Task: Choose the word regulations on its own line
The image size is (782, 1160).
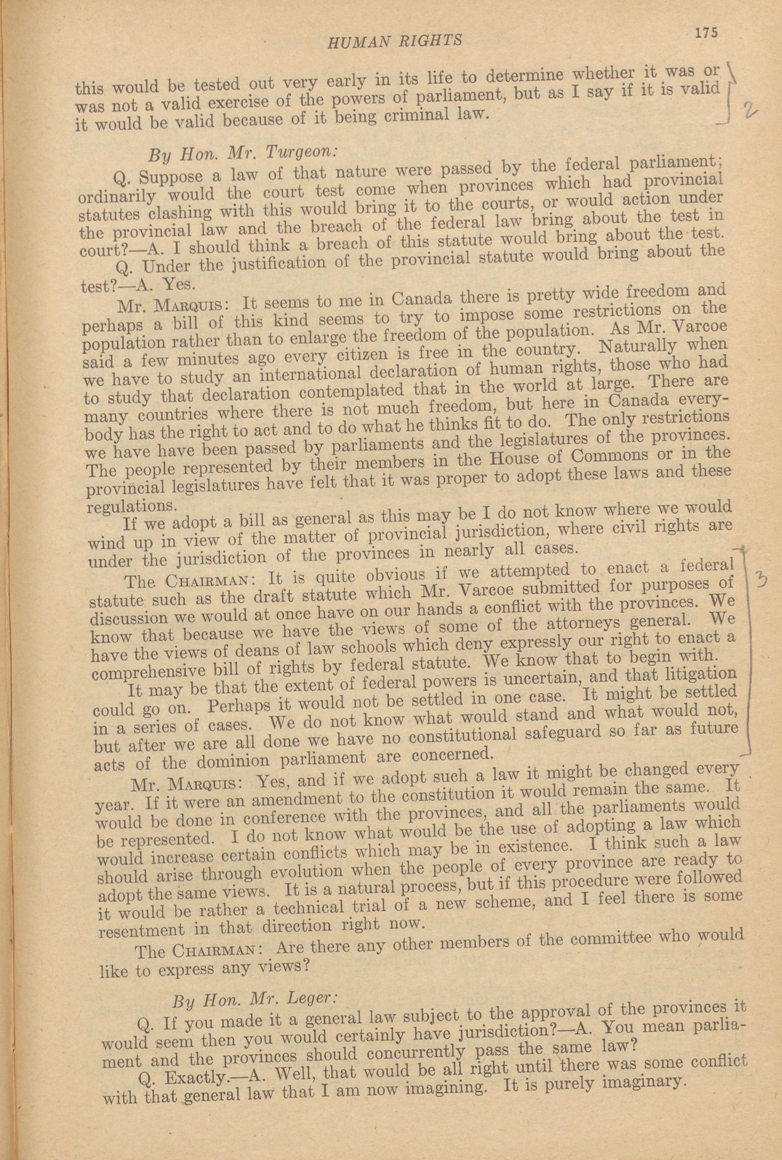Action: (132, 505)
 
